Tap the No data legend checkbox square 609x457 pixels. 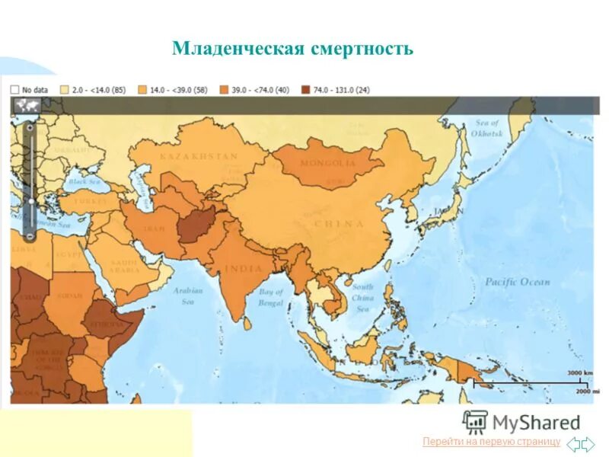pyautogui.click(x=14, y=89)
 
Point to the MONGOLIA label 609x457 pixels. pyautogui.click(x=327, y=163)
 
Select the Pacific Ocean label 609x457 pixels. pyautogui.click(x=518, y=283)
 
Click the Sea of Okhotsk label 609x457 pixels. pyautogui.click(x=487, y=128)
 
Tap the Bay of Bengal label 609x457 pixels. pyautogui.click(x=271, y=298)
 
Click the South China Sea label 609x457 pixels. pyautogui.click(x=362, y=298)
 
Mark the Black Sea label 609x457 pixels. pyautogui.click(x=84, y=182)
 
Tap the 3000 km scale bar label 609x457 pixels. pyautogui.click(x=579, y=372)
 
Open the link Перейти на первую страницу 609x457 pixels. pyautogui.click(x=490, y=442)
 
